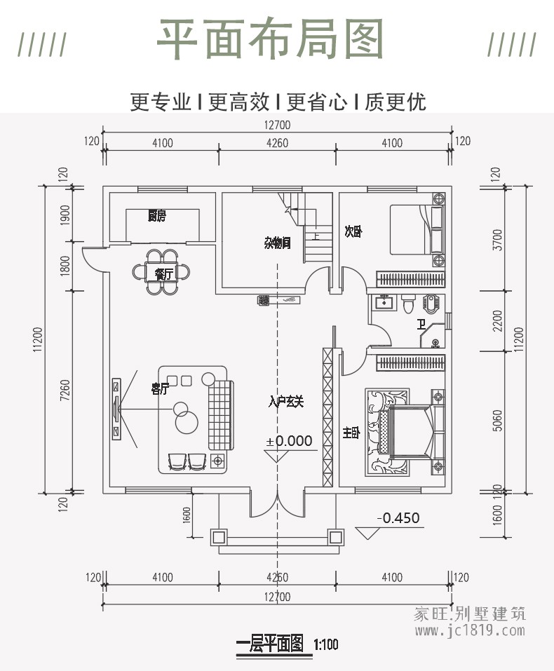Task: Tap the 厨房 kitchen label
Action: (x=156, y=216)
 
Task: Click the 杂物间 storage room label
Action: (x=277, y=243)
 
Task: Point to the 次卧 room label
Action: (x=353, y=232)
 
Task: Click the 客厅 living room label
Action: (x=161, y=389)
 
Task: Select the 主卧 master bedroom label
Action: (x=351, y=433)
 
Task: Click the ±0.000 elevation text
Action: (x=289, y=441)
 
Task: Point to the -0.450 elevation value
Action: (x=398, y=518)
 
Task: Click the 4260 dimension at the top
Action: (x=277, y=143)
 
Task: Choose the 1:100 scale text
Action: (x=326, y=644)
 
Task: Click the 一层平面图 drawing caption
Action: (x=270, y=643)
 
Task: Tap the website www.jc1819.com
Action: (x=469, y=630)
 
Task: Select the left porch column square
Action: (x=219, y=537)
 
